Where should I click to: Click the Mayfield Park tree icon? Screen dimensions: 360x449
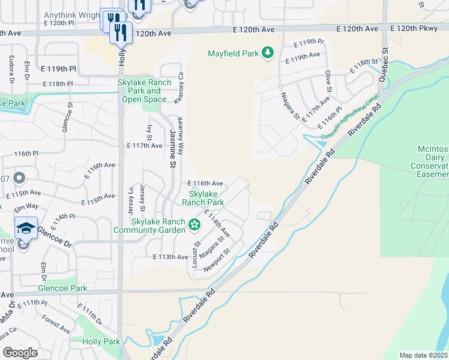tap(267, 53)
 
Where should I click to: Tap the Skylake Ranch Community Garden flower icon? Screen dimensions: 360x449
tap(194, 225)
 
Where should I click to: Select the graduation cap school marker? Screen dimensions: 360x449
tap(26, 228)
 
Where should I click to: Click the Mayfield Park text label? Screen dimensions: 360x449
tap(233, 53)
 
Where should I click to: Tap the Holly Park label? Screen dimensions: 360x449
tap(101, 341)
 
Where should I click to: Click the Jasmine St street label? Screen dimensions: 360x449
tap(172, 140)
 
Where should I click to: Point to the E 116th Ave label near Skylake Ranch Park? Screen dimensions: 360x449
tap(205, 183)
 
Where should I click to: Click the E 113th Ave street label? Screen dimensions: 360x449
tap(170, 257)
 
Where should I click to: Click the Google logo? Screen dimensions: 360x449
tap(20, 353)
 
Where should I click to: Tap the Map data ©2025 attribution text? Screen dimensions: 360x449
tap(424, 355)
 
